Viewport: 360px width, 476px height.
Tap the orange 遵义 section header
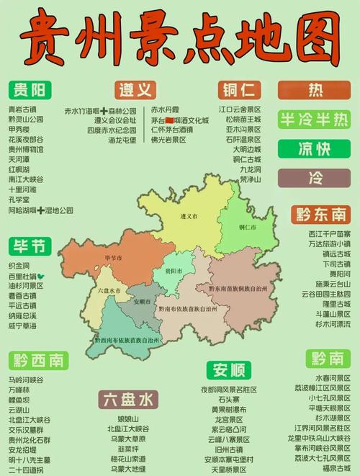pos(135,90)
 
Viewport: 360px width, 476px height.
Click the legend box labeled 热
pos(315,90)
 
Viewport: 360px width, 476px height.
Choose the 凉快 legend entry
pos(315,148)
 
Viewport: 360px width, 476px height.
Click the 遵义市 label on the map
pos(189,216)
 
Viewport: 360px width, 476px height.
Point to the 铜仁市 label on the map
pos(248,227)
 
